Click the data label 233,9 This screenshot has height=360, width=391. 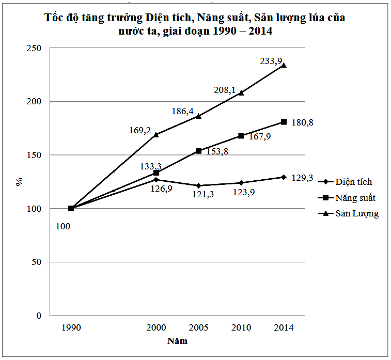pyautogui.click(x=271, y=61)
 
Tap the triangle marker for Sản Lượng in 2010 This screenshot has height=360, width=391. pyautogui.click(x=241, y=92)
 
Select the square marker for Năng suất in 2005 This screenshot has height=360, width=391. pyautogui.click(x=199, y=151)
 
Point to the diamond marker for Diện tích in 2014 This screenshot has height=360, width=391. pyautogui.click(x=284, y=177)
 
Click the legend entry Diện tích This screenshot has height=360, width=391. pyautogui.click(x=353, y=182)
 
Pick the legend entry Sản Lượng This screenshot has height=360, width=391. pyautogui.click(x=356, y=214)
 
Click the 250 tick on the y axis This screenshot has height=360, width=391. pyautogui.click(x=35, y=48)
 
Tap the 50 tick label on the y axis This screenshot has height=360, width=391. pyautogui.click(x=37, y=262)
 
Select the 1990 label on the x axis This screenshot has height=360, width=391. pyautogui.click(x=71, y=327)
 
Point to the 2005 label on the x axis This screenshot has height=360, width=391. pyautogui.click(x=199, y=327)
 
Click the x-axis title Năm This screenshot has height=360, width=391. pyautogui.click(x=177, y=341)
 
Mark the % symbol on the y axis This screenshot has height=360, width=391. pyautogui.click(x=19, y=181)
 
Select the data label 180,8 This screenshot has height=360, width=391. pyautogui.click(x=303, y=122)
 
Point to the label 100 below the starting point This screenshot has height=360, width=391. pyautogui.click(x=63, y=226)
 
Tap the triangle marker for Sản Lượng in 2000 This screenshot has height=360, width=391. pyautogui.click(x=156, y=134)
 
